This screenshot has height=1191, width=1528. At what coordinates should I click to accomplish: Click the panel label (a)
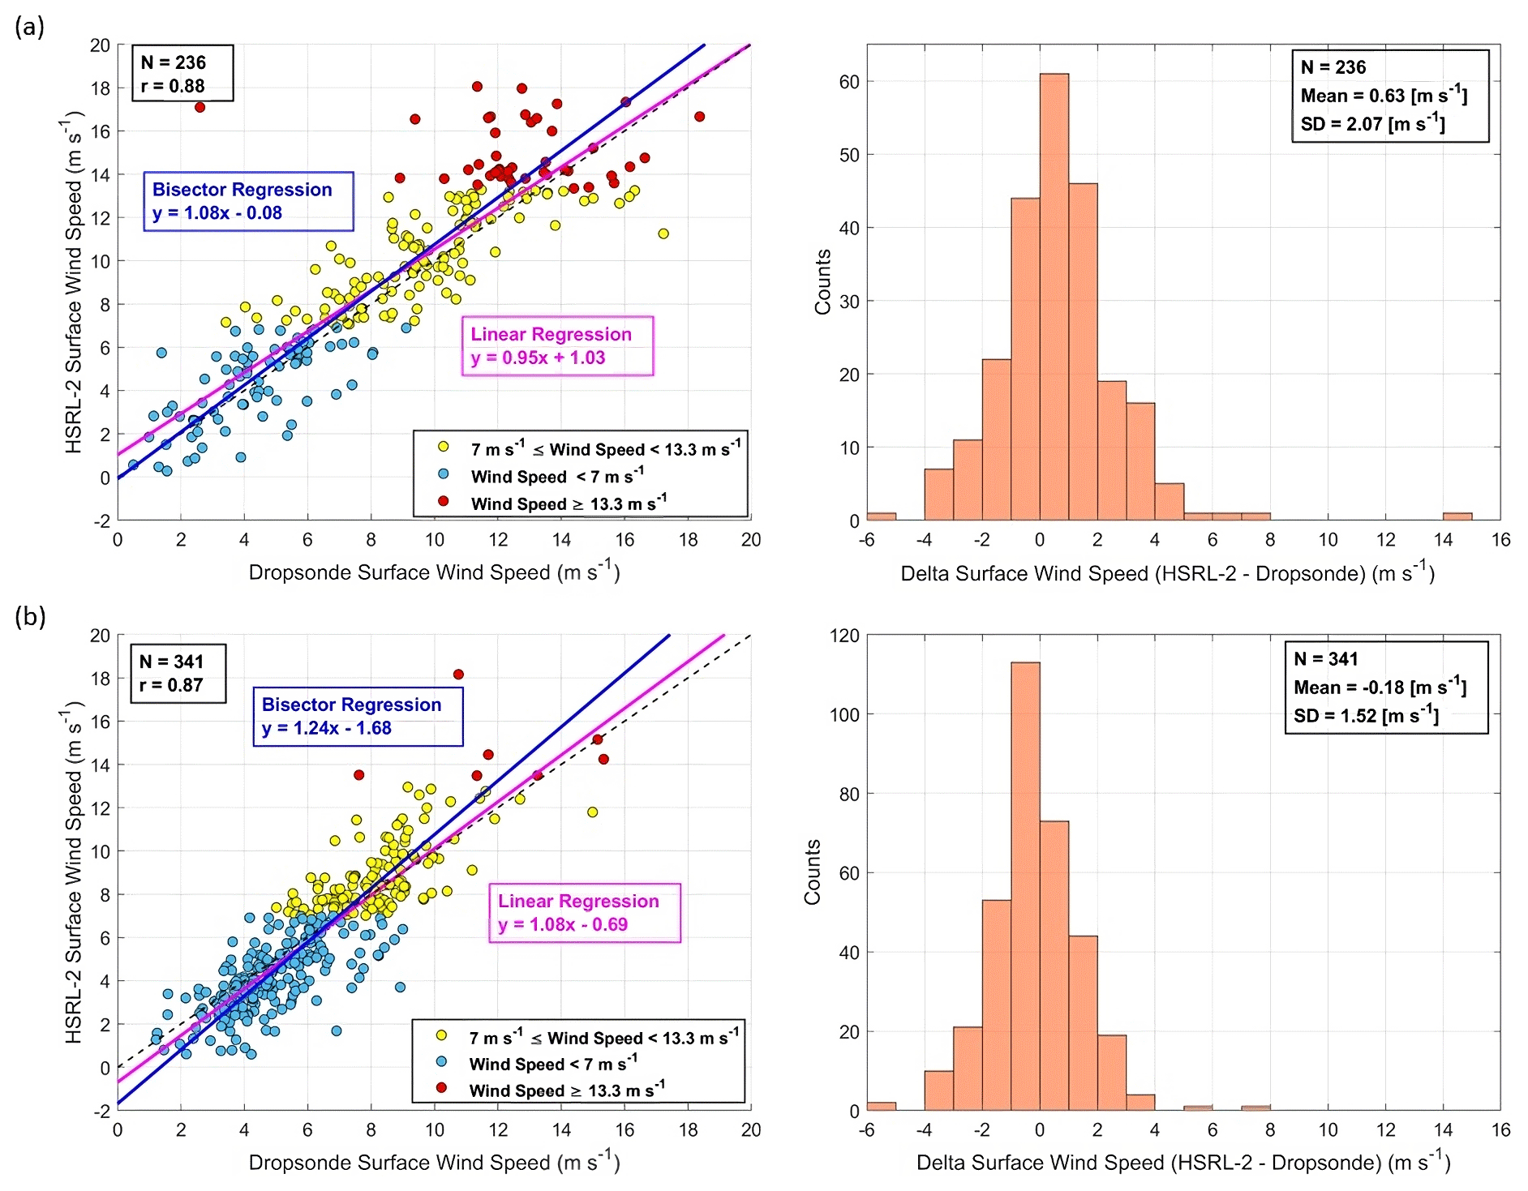coord(29,28)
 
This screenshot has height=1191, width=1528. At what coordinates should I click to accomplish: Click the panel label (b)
coord(30,617)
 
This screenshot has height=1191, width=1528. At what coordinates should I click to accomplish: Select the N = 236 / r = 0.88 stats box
coord(182,74)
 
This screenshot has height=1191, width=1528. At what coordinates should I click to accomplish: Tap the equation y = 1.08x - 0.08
coord(217,213)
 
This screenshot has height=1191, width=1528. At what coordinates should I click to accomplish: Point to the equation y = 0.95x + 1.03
coord(538,358)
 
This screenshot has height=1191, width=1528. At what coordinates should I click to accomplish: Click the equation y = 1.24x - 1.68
coord(326,728)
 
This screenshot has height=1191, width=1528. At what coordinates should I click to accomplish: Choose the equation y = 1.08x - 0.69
coord(563,924)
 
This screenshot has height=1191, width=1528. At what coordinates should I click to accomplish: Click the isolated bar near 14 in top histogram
coord(1457,516)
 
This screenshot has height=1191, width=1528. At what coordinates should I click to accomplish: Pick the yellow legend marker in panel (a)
coord(443,446)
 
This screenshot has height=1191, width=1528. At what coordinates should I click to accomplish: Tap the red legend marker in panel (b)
coord(441,1087)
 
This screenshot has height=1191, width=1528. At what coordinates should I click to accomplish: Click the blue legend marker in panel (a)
coord(443,473)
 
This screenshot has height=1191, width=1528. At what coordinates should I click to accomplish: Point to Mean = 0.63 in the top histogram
coord(1384,96)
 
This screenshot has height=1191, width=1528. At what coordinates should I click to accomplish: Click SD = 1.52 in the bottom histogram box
coord(1366,716)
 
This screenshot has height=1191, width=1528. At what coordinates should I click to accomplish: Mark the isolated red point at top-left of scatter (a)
coord(200,107)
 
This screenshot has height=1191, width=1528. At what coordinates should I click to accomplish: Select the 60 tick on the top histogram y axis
coord(849,82)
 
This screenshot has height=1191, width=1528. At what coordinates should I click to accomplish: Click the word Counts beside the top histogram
coord(823,281)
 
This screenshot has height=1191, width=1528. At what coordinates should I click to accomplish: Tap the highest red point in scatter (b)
coord(458,675)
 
